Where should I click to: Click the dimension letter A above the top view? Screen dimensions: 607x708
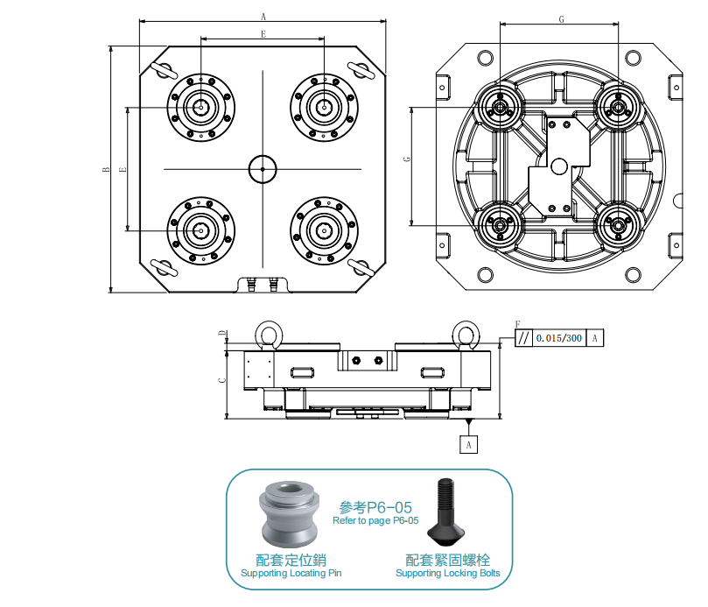[x=263, y=15]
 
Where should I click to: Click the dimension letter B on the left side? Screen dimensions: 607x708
[x=104, y=170]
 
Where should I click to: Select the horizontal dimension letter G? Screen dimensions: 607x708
[x=560, y=18]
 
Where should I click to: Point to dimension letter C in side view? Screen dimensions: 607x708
[x=221, y=379]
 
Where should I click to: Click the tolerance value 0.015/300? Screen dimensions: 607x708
[x=559, y=338]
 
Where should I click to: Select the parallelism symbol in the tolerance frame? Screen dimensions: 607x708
[x=523, y=338]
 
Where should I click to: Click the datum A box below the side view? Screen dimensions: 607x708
[x=470, y=445]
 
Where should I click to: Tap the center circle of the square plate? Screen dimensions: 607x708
[x=262, y=168]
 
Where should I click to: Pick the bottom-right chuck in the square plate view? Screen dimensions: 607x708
[x=323, y=230]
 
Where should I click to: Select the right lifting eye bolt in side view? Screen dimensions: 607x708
[x=465, y=334]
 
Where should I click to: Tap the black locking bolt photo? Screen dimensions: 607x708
[x=449, y=513]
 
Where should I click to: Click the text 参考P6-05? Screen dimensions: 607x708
[x=375, y=507]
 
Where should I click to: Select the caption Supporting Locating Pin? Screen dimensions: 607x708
[x=291, y=574]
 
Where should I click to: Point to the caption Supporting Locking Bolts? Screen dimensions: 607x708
[x=447, y=574]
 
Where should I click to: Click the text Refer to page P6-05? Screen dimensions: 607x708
[x=375, y=521]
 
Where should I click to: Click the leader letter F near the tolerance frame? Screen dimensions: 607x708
[x=517, y=324]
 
